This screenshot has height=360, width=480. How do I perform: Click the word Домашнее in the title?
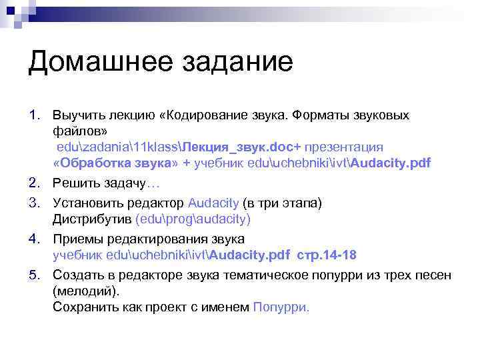coord(92,63)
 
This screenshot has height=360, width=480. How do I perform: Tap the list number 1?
coord(34,115)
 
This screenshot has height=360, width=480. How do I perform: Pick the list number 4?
coord(34,239)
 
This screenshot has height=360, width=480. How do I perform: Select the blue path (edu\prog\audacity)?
coord(193,219)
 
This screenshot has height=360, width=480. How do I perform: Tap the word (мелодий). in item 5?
coord(86,291)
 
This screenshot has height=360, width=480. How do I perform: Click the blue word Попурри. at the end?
coord(281,307)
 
